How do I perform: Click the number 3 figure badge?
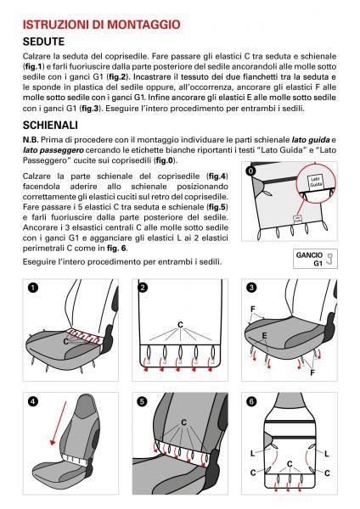click(x=250, y=288)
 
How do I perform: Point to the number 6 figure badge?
click(x=250, y=400)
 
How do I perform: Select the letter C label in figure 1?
click(x=66, y=340)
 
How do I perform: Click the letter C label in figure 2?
click(x=180, y=324)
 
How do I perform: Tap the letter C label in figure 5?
click(x=183, y=422)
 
